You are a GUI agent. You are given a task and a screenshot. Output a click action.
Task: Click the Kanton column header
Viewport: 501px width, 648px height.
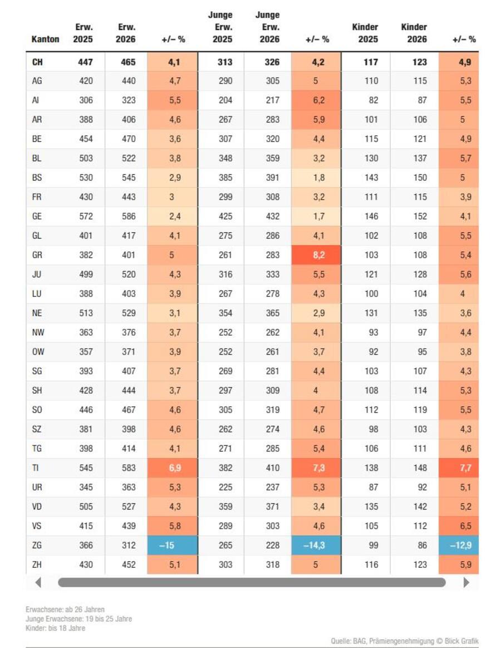pyautogui.click(x=45, y=40)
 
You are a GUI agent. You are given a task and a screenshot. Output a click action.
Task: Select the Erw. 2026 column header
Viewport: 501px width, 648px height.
pyautogui.click(x=126, y=33)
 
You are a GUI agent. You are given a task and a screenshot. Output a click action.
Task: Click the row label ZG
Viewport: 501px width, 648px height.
pyautogui.click(x=37, y=546)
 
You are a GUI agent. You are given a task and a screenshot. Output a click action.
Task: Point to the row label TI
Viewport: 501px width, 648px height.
pyautogui.click(x=36, y=468)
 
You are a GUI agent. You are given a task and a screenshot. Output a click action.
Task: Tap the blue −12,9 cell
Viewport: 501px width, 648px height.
pyautogui.click(x=460, y=546)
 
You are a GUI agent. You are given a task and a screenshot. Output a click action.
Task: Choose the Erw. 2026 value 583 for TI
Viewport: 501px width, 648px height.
pyautogui.click(x=129, y=468)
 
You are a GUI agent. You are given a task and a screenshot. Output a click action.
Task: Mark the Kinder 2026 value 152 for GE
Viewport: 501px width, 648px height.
pyautogui.click(x=420, y=217)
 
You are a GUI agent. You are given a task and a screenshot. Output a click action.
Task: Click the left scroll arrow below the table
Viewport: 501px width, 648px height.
pyautogui.click(x=38, y=582)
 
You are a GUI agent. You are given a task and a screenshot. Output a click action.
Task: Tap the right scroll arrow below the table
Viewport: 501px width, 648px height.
pyautogui.click(x=466, y=582)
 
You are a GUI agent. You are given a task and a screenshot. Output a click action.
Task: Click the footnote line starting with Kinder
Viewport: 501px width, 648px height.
pyautogui.click(x=55, y=629)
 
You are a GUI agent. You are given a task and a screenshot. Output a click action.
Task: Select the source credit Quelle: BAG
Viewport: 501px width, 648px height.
pyautogui.click(x=404, y=641)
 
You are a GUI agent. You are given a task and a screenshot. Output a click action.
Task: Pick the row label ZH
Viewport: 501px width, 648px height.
pyautogui.click(x=37, y=564)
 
